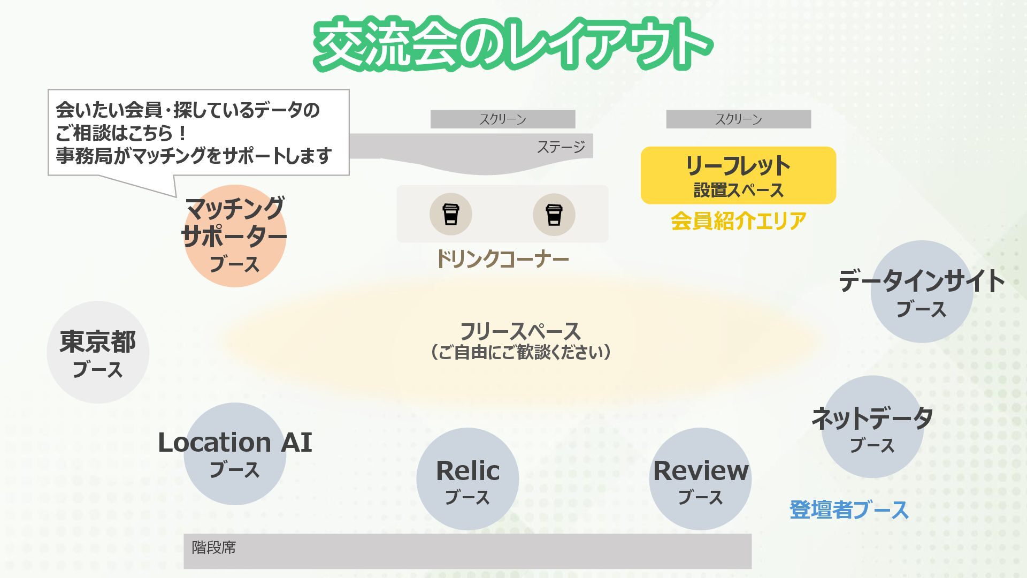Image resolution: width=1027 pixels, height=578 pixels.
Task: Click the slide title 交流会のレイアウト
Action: tap(512, 44)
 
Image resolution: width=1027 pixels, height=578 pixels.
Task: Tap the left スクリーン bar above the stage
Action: tap(503, 119)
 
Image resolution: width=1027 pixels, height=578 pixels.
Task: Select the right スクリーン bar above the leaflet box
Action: tap(738, 119)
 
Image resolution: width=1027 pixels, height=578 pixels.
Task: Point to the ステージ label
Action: tap(561, 147)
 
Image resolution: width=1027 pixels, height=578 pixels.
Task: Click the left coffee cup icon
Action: tap(450, 215)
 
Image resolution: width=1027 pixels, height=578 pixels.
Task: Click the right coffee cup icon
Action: tap(554, 215)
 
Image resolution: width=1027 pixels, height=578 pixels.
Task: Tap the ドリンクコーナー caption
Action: tap(502, 259)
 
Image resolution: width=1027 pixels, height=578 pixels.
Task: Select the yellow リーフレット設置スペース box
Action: tap(738, 176)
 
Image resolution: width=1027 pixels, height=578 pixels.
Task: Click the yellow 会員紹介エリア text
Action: tap(738, 220)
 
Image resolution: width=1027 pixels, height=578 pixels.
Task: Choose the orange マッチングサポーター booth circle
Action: tap(235, 236)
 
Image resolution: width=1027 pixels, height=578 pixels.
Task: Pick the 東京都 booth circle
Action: tap(98, 352)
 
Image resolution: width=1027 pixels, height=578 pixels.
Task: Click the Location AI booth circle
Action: tap(235, 454)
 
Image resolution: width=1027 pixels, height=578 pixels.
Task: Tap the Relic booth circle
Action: tap(467, 479)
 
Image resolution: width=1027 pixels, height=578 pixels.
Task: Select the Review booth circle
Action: tap(700, 479)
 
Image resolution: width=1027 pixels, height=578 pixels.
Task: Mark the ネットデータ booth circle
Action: tap(872, 427)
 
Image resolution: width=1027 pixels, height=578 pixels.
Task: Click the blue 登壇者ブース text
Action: tap(849, 509)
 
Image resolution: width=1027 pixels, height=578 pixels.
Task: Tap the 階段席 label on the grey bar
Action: tap(214, 547)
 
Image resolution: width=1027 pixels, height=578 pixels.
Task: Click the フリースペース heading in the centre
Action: tap(520, 331)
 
